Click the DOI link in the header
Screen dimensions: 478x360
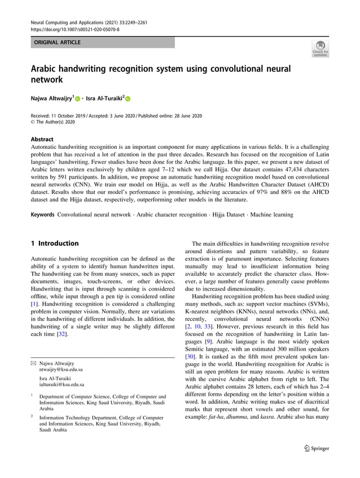pyautogui.click(x=74, y=29)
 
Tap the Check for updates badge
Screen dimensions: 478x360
pyautogui.click(x=320, y=48)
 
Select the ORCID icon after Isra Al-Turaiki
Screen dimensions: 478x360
pyautogui.click(x=128, y=99)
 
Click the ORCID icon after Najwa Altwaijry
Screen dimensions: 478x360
pyautogui.click(x=77, y=99)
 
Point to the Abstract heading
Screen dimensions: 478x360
pyautogui.click(x=42, y=139)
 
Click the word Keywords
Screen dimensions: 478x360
pyautogui.click(x=42, y=214)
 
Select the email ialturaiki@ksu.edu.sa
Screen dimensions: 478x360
pyautogui.click(x=62, y=384)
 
